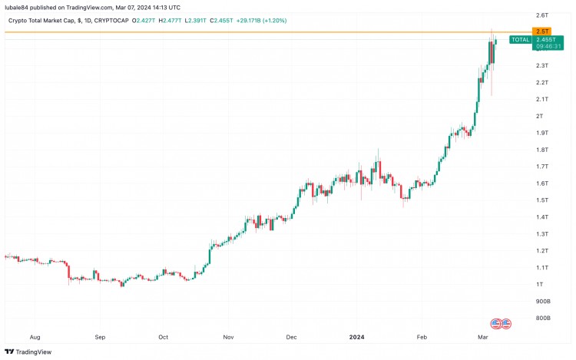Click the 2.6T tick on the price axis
[x=542, y=15]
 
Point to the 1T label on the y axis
[x=540, y=285]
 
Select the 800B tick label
[x=542, y=318]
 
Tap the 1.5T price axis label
[x=542, y=200]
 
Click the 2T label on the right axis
[x=540, y=116]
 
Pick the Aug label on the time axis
[x=34, y=336]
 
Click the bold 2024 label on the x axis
[x=356, y=336]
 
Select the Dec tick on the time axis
[x=291, y=336]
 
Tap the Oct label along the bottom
[x=164, y=336]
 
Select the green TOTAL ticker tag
[x=520, y=39]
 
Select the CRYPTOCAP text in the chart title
[x=130, y=19]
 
